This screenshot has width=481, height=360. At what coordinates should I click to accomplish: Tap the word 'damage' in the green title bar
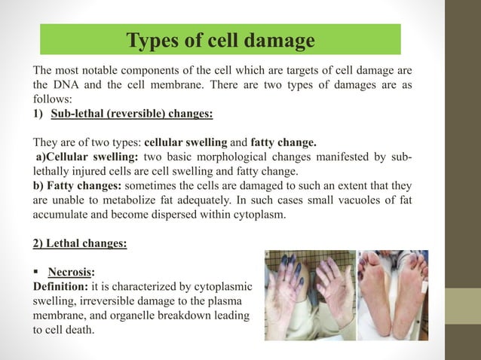(x=281, y=40)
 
